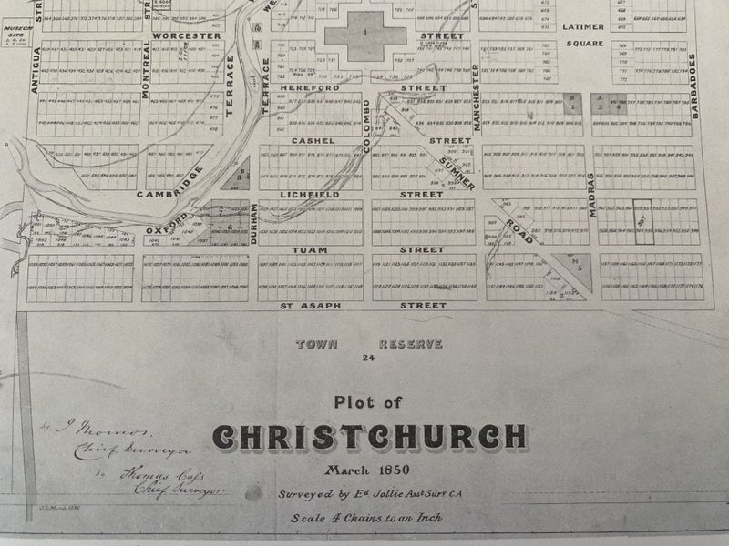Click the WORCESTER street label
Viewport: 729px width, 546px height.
pyautogui.click(x=189, y=35)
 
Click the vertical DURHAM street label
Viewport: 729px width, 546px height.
pyautogui.click(x=253, y=222)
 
